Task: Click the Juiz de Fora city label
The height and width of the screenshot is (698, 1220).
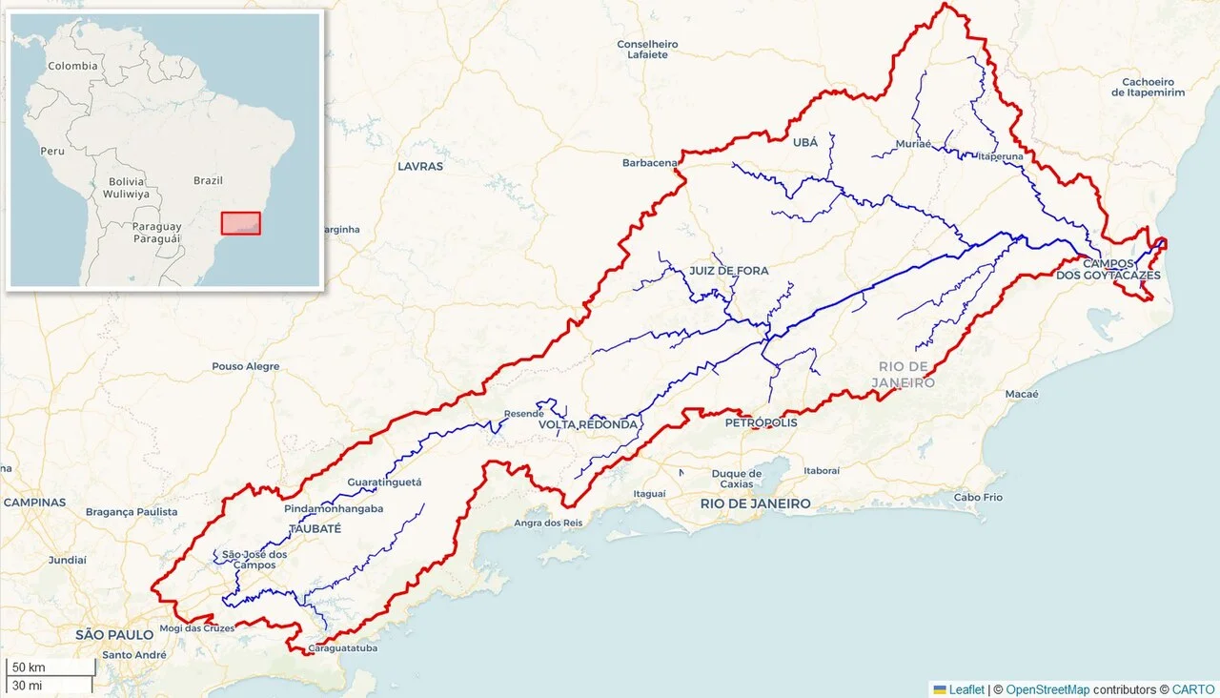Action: point(728,271)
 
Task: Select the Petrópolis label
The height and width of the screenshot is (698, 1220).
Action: point(761,421)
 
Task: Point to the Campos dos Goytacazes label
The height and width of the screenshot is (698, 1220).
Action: point(1108,269)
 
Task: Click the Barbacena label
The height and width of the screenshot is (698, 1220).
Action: point(649,163)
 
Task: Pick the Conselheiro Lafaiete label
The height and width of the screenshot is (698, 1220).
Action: point(647,50)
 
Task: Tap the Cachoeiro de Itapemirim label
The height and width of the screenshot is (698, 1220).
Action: point(1148,87)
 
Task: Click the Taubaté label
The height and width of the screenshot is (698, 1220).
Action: point(314,527)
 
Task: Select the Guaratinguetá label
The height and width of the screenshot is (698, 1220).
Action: point(384,482)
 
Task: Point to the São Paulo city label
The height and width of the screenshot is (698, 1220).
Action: point(114,634)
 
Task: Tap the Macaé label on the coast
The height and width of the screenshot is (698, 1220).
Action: point(1021,394)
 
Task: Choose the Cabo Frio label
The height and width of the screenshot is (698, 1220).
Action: point(978,497)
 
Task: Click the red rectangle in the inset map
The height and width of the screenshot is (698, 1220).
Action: point(240,223)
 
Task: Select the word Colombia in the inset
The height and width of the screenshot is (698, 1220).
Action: point(73,66)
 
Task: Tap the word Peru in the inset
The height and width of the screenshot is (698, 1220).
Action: point(51,152)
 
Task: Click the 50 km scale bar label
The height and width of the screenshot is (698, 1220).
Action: point(29,667)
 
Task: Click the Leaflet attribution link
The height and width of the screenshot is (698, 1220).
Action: point(966,689)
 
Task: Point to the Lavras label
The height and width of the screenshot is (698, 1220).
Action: point(420,166)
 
